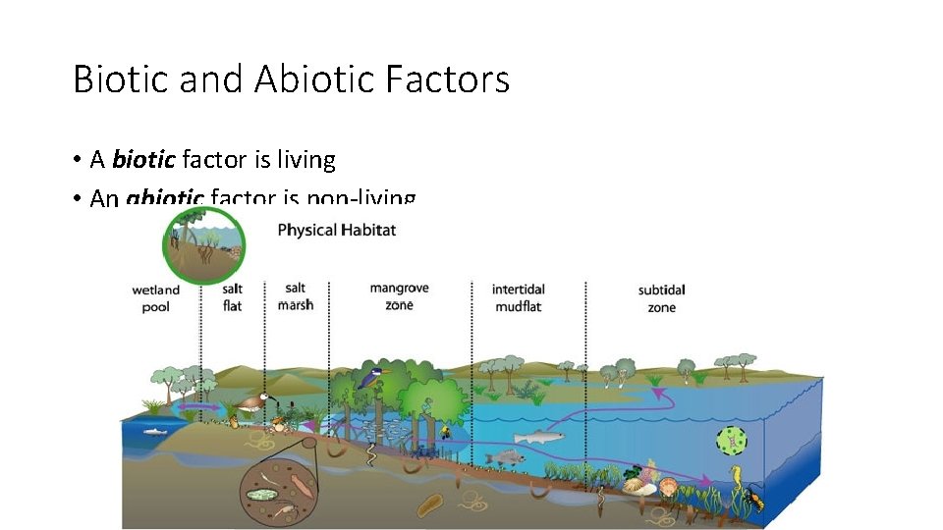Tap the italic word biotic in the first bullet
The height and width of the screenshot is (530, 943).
pos(144,159)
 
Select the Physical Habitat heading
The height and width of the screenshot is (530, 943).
pos(336,230)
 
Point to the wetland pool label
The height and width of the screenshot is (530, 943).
pos(156,298)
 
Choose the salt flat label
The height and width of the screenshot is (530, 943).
pos(233,297)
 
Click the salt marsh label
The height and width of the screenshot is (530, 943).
pos(296,296)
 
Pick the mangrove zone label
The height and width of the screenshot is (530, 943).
pos(399,296)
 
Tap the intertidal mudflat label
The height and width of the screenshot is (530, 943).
pos(519,298)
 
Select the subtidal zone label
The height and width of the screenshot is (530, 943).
pos(661,298)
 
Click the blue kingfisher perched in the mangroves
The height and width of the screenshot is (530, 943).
pos(374,373)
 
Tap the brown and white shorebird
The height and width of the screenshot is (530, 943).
pos(253,401)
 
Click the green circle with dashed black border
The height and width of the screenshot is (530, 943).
pos(732,442)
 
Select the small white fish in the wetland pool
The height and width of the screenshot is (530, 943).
pos(157,430)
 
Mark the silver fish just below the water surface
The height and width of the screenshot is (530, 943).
pos(538,437)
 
